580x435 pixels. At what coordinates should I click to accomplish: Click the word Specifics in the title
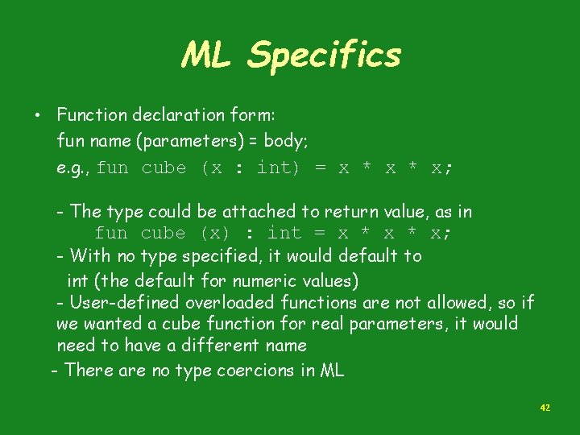pos(324,55)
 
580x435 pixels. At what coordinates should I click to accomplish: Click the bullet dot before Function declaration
pos(38,114)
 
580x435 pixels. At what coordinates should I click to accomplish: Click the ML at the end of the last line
pos(332,371)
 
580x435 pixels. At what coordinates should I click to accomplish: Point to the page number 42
pos(545,408)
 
